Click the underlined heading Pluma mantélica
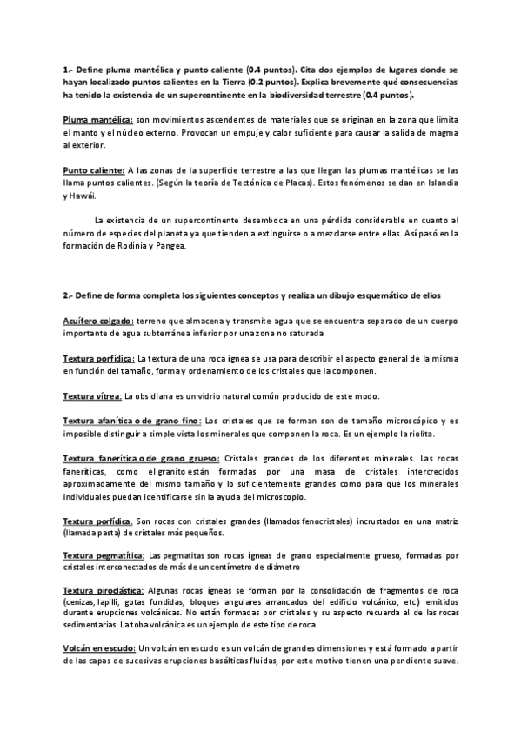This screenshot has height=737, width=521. click(97, 118)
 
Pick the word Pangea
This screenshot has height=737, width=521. click(169, 246)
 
